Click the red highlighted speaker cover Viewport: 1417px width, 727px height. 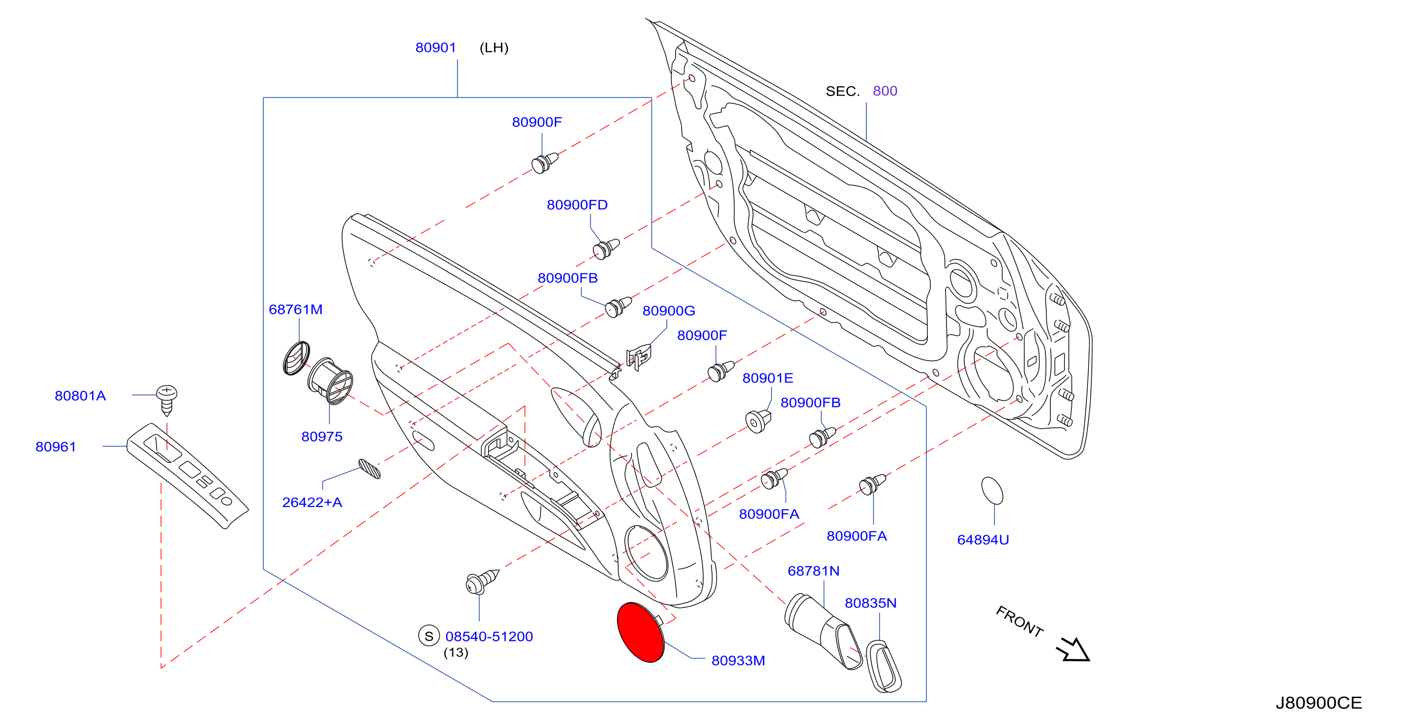click(641, 632)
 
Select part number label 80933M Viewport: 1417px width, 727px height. click(738, 660)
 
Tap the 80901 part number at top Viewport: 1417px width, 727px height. click(435, 48)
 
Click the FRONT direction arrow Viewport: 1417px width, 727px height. click(1073, 650)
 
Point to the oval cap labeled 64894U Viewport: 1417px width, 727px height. click(992, 490)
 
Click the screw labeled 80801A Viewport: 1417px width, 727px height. click(166, 400)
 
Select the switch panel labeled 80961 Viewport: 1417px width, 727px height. click(187, 474)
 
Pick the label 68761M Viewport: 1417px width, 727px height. click(295, 309)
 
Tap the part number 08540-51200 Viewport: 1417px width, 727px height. click(489, 636)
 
